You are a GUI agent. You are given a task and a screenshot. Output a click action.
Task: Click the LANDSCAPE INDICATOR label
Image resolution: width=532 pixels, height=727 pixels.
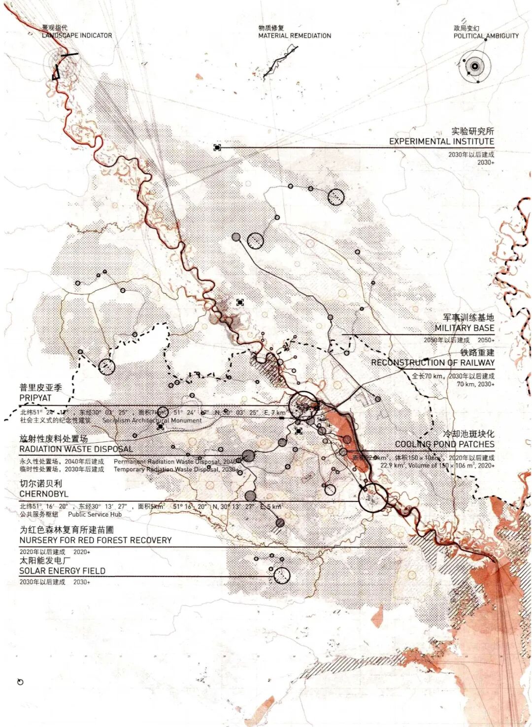click(76, 35)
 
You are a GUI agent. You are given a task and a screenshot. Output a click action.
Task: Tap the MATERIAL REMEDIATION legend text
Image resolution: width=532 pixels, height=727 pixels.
click(295, 35)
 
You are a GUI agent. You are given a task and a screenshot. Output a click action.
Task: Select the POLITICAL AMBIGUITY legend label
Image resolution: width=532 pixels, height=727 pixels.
click(486, 35)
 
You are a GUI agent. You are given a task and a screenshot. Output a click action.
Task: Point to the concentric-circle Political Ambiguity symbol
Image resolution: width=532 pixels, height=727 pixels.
click(475, 66)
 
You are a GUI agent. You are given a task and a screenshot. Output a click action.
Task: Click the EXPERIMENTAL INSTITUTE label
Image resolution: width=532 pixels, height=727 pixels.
click(441, 141)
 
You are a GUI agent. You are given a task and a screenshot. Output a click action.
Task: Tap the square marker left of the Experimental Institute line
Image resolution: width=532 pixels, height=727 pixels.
click(217, 147)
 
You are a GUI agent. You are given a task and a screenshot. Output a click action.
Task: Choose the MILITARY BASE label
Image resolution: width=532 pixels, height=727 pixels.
click(464, 328)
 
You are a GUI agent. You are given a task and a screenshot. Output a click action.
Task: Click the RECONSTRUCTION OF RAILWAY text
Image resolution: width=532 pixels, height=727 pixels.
click(432, 363)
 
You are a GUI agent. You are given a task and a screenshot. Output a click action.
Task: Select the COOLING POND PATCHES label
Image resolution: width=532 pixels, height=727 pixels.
click(444, 444)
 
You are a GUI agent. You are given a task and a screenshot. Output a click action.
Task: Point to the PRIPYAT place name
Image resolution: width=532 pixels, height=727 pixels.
click(35, 397)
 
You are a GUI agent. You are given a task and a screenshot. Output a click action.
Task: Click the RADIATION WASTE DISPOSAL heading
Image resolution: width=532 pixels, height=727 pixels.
click(76, 449)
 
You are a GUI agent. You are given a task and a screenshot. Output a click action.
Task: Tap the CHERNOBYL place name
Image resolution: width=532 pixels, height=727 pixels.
click(44, 494)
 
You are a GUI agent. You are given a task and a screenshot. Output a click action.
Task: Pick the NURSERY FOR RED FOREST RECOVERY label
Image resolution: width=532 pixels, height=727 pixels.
click(96, 540)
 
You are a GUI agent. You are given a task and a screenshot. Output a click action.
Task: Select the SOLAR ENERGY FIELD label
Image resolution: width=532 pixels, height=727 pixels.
click(62, 571)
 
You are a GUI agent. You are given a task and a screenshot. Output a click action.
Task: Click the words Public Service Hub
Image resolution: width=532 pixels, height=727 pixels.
click(95, 514)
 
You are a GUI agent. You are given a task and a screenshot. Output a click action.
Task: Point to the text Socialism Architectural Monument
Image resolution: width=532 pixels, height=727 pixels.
click(152, 420)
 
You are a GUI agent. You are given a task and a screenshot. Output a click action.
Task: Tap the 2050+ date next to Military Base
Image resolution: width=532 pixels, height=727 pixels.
click(486, 340)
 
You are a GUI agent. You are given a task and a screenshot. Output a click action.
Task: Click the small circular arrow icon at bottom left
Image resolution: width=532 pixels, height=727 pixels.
click(20, 682)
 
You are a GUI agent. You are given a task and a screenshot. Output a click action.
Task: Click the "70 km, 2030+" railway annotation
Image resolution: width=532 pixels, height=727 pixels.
click(475, 384)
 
